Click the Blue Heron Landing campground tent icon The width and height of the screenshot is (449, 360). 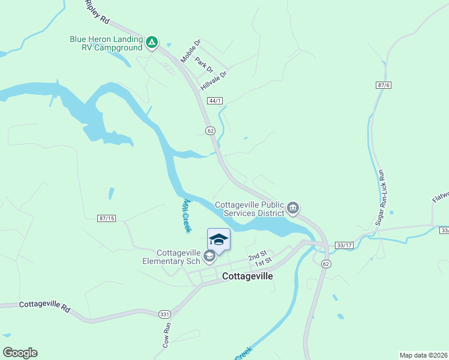pyautogui.click(x=152, y=41)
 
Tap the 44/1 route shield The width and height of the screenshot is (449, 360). pyautogui.click(x=215, y=100)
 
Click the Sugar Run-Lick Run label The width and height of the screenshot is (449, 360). pyautogui.click(x=379, y=198)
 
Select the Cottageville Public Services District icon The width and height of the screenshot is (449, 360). pyautogui.click(x=292, y=208)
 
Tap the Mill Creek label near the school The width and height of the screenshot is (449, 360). pyautogui.click(x=186, y=216)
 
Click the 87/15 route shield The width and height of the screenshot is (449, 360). pyautogui.click(x=106, y=218)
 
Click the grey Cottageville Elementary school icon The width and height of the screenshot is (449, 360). pyautogui.click(x=209, y=257)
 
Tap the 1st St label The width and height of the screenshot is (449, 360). pyautogui.click(x=263, y=263)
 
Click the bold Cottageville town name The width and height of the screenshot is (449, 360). pyautogui.click(x=247, y=277)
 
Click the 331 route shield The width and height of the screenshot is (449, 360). pyautogui.click(x=165, y=314)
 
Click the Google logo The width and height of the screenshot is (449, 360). pyautogui.click(x=20, y=353)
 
